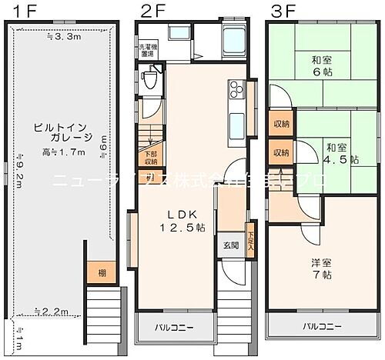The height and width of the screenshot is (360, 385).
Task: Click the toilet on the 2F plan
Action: [151, 79]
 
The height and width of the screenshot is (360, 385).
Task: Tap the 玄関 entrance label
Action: [232, 245]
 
